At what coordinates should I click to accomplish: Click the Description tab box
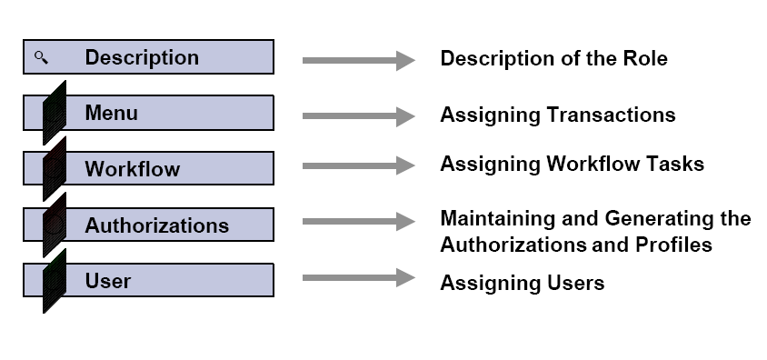148,56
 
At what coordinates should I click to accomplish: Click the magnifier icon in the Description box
41,57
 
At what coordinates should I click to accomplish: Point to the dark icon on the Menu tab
55,113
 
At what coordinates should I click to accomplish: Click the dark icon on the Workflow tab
55,168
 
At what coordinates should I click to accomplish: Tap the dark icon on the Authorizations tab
55,225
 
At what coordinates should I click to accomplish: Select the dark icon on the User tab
55,281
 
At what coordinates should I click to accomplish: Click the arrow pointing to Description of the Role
358,60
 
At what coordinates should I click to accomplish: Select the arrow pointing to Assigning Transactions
358,116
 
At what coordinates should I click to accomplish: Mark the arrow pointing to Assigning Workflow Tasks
358,166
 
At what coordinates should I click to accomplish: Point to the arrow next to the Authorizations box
358,222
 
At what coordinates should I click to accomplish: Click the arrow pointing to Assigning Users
358,277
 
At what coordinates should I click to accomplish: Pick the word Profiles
673,245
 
